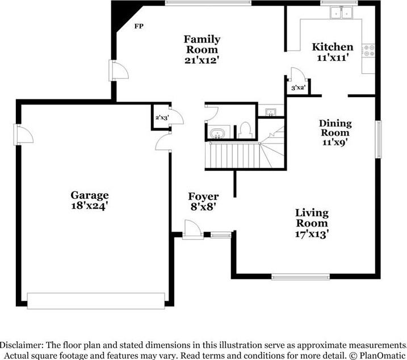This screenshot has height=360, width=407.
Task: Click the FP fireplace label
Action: (139, 26)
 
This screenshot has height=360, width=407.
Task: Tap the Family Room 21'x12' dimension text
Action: (202, 60)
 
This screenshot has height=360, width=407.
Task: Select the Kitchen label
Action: (333, 47)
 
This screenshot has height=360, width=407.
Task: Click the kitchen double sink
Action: (341, 12)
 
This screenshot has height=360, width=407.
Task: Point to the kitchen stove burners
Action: (369, 51)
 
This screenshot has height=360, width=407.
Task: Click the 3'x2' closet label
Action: (297, 88)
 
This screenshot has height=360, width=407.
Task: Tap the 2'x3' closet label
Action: (162, 118)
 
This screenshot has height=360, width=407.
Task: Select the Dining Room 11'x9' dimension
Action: (335, 142)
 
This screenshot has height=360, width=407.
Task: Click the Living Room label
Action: (312, 218)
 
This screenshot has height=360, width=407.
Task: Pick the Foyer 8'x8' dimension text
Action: (203, 207)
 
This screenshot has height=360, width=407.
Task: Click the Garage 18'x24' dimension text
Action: (89, 206)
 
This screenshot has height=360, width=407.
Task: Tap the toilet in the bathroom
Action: (245, 131)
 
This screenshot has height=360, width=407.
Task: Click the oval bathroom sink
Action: (217, 133)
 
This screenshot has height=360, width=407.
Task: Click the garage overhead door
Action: (96, 301)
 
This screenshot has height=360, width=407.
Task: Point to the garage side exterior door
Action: (23, 135)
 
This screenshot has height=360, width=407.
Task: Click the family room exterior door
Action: (119, 70)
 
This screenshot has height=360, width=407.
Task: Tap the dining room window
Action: (379, 139)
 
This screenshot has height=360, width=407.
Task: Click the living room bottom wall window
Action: (301, 277)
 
